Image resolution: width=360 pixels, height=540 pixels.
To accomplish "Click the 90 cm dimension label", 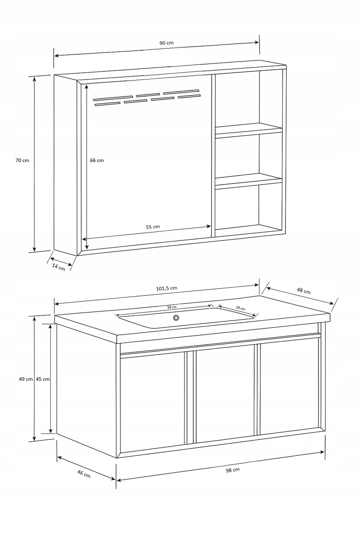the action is pyautogui.click(x=166, y=43).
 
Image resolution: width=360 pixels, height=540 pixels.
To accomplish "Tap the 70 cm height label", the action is pyautogui.click(x=22, y=160).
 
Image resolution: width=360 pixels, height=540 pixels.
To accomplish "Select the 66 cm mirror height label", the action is pyautogui.click(x=97, y=160).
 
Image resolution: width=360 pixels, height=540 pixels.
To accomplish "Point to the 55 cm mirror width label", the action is pyautogui.click(x=153, y=227).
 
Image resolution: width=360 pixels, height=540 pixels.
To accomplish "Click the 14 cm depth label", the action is pyautogui.click(x=58, y=267).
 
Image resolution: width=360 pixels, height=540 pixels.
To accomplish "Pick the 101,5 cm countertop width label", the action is pyautogui.click(x=166, y=288).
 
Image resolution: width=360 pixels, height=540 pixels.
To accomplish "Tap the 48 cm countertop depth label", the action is pyautogui.click(x=304, y=291).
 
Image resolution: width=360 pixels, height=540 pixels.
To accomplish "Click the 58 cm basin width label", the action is pyautogui.click(x=172, y=307).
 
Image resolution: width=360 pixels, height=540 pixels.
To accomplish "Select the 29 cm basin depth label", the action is pyautogui.click(x=240, y=308).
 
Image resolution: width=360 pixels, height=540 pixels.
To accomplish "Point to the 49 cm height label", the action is pyautogui.click(x=26, y=379).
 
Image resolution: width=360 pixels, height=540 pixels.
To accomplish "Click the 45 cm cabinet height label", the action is pyautogui.click(x=43, y=379).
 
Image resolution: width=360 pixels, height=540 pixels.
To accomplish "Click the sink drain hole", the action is pyautogui.click(x=176, y=318).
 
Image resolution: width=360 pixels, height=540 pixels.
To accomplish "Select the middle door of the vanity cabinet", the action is pyautogui.click(x=225, y=394).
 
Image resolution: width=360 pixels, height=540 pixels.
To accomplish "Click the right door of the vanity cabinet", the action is pyautogui.click(x=289, y=388).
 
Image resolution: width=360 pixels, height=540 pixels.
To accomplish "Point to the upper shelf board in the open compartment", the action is pyautogui.click(x=249, y=130).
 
